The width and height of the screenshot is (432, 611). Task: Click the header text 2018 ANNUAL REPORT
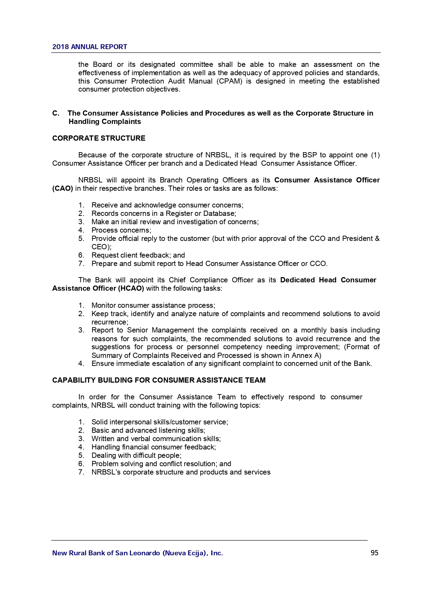click(89, 47)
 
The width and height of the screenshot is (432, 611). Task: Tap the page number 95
click(375, 553)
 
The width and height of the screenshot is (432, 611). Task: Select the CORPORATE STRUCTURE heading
click(99, 138)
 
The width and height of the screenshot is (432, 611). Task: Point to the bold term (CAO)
click(63, 188)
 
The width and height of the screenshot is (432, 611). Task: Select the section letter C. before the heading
click(56, 113)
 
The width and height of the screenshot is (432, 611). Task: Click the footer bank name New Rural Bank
click(137, 553)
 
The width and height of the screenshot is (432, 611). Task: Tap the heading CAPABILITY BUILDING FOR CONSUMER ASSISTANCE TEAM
click(159, 380)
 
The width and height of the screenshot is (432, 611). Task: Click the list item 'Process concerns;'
click(121, 230)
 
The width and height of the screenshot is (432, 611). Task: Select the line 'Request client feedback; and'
click(138, 255)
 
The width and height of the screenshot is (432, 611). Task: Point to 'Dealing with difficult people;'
click(136, 455)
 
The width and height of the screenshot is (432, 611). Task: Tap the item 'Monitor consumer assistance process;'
click(153, 305)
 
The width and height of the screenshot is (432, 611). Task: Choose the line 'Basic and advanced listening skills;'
click(148, 430)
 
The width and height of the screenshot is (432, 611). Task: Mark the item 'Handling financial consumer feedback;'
click(154, 447)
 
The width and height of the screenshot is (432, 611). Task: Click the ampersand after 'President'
click(377, 238)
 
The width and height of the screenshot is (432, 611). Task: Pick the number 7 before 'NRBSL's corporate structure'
click(81, 472)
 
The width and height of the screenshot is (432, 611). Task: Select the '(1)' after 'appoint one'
click(375, 155)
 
